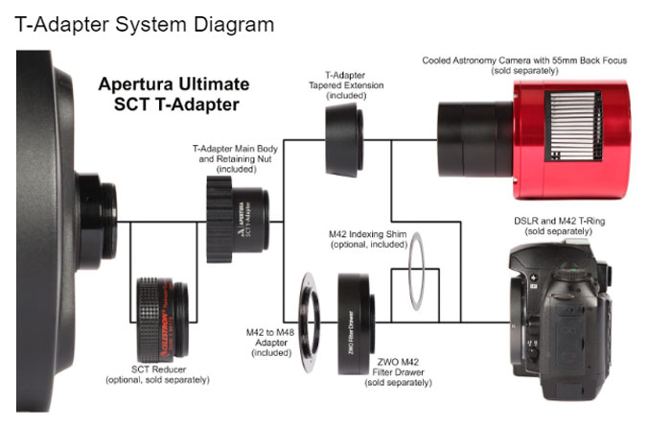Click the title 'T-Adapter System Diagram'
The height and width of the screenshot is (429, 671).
[x=145, y=22]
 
